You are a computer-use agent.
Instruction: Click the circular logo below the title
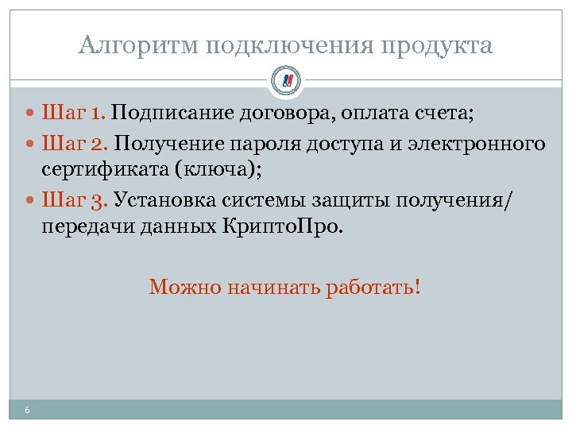[x=286, y=80]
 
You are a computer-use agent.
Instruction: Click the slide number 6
[x=28, y=410]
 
